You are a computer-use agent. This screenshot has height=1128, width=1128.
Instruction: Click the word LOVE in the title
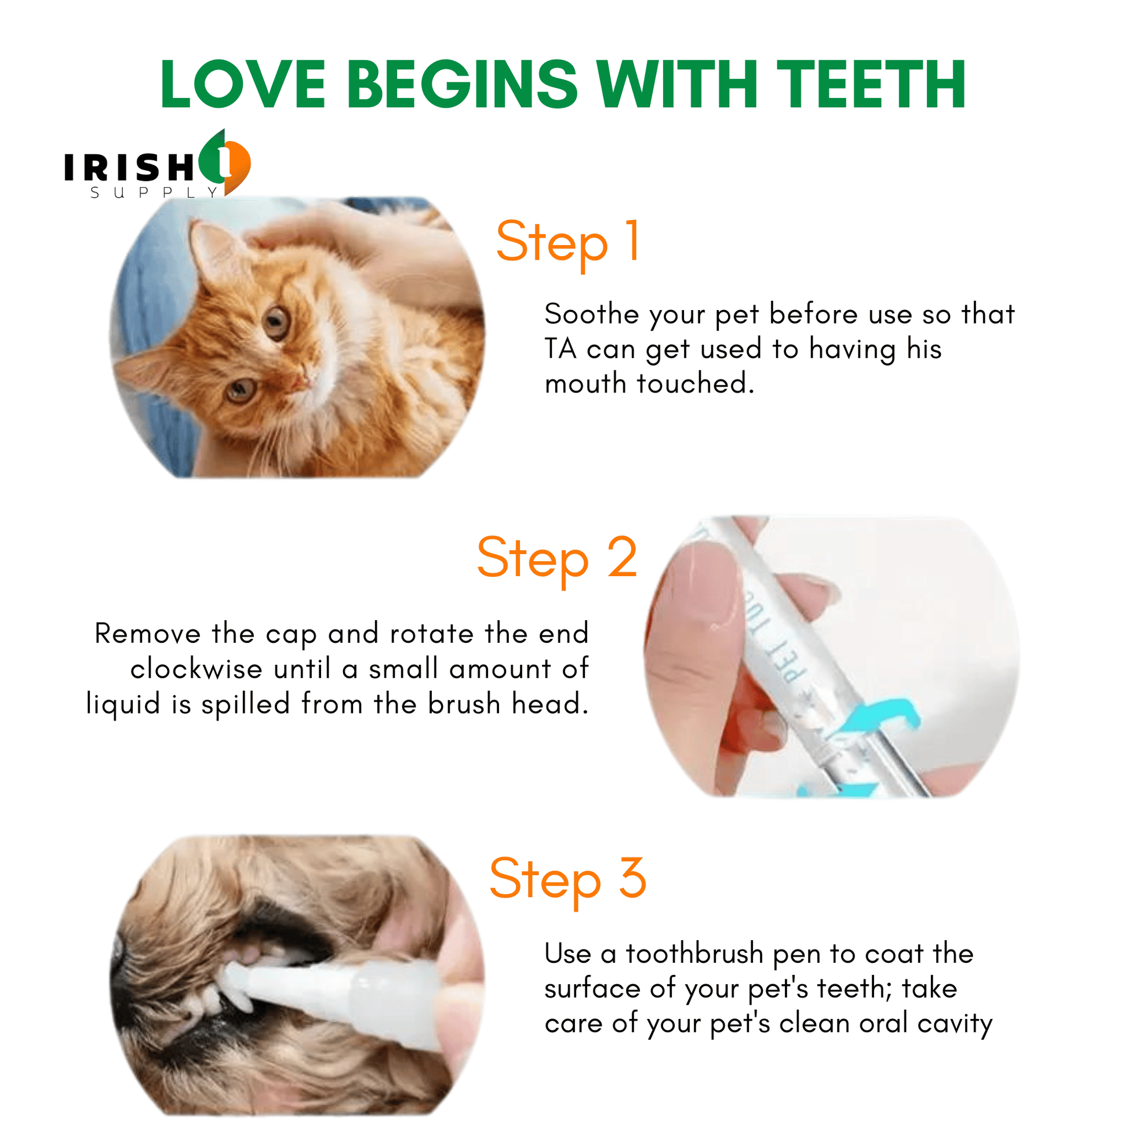[243, 85]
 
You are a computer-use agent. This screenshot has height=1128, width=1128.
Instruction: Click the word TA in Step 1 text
[561, 349]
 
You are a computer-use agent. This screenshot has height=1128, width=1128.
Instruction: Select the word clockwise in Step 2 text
[196, 668]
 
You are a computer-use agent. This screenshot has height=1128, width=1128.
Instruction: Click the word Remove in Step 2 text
[148, 634]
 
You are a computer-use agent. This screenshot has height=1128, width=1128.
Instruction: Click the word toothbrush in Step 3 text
[695, 954]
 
